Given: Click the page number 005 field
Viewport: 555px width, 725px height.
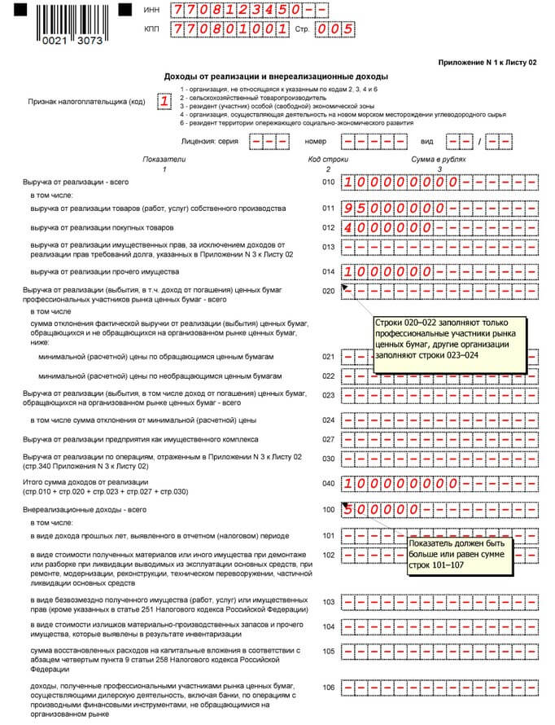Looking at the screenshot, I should pyautogui.click(x=335, y=30).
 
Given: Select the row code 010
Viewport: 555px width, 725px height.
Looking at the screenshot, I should pyautogui.click(x=328, y=183).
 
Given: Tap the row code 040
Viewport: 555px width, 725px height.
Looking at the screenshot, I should pyautogui.click(x=328, y=482).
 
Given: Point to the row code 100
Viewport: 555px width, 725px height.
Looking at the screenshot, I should pyautogui.click(x=328, y=510).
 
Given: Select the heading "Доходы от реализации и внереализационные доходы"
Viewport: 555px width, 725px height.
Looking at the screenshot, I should pyautogui.click(x=276, y=76).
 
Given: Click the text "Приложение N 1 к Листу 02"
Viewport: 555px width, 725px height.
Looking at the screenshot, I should pyautogui.click(x=487, y=63).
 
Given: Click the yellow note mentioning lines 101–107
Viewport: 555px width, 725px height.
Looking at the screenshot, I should pyautogui.click(x=459, y=554).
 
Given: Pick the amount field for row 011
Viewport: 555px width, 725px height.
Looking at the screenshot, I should pyautogui.click(x=440, y=209).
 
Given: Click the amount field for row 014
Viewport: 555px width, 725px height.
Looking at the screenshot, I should pyautogui.click(x=440, y=271).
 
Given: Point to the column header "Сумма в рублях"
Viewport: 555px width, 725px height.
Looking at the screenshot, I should pyautogui.click(x=439, y=160).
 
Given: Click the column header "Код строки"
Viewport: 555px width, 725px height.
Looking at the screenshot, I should pyautogui.click(x=327, y=160).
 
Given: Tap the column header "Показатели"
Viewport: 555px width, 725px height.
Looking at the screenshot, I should pyautogui.click(x=164, y=160).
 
